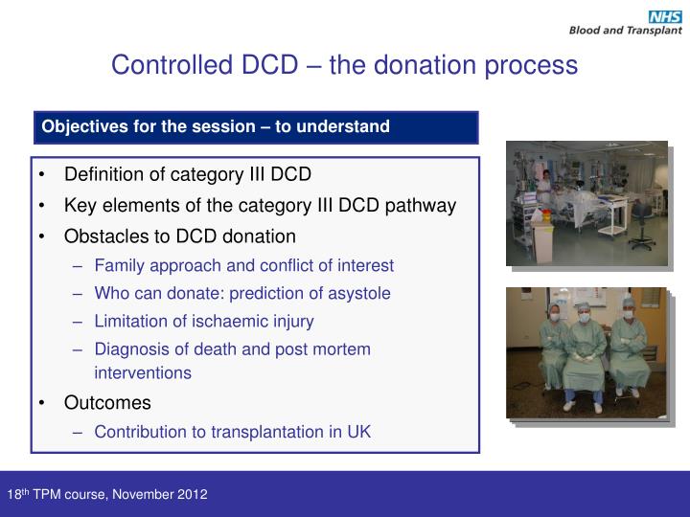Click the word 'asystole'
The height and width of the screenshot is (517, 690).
point(360,293)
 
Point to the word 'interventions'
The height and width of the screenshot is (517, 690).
point(143,372)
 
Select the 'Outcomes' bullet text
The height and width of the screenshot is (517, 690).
point(107,403)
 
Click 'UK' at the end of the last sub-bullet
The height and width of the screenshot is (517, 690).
point(359,432)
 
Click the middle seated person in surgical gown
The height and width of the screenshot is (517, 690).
point(586,349)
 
